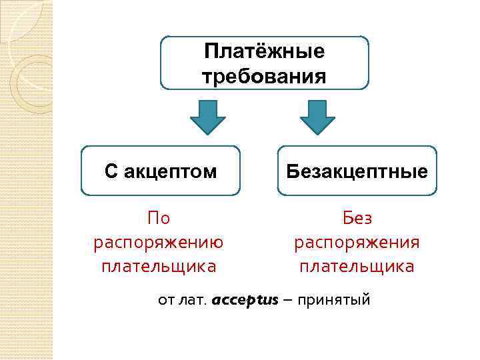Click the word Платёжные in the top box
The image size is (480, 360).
pyautogui.click(x=265, y=51)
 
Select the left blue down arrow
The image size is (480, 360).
pyautogui.click(x=208, y=117)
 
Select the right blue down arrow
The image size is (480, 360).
pyautogui.click(x=317, y=117)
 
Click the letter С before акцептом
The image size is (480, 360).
pyautogui.click(x=111, y=171)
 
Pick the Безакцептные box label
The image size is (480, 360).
pyautogui.click(x=357, y=171)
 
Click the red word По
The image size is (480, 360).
pyautogui.click(x=159, y=217)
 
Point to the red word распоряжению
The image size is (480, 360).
pyautogui.click(x=159, y=242)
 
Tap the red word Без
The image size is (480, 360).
pyautogui.click(x=357, y=217)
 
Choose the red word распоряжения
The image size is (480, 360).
pyautogui.click(x=357, y=242)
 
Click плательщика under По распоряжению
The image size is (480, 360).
pyautogui.click(x=159, y=267)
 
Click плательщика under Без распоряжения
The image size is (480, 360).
pyautogui.click(x=357, y=267)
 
